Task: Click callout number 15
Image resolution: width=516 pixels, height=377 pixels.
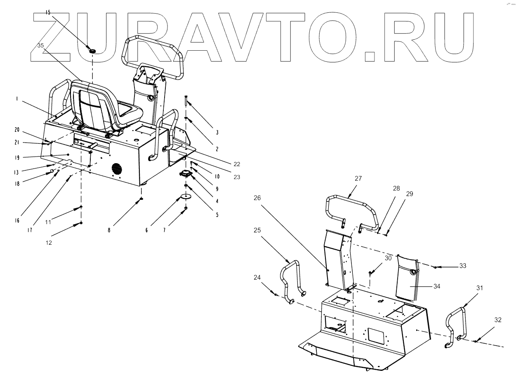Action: point(48,13)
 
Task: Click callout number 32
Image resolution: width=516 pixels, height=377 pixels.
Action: point(498,319)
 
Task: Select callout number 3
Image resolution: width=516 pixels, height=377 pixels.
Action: point(217,132)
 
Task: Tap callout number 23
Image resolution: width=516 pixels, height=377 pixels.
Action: point(236,178)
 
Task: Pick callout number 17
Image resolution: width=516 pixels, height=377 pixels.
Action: point(30,231)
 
